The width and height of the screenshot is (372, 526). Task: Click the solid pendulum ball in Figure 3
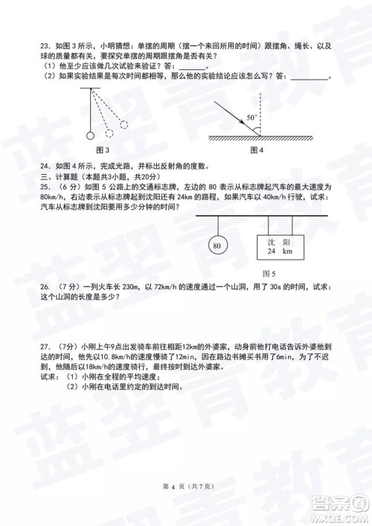pyautogui.click(x=90, y=135)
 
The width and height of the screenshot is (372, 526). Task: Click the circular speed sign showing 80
pyautogui.click(x=217, y=246)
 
